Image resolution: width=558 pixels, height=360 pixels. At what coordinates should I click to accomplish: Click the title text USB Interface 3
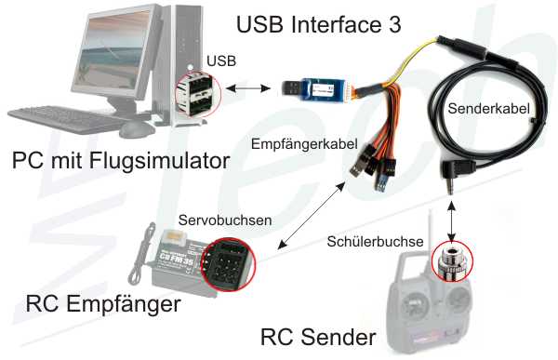pos(319,24)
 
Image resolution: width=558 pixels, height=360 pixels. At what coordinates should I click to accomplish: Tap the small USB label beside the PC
pos(221,60)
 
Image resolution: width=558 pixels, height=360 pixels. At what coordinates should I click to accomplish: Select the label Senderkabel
pos(488,109)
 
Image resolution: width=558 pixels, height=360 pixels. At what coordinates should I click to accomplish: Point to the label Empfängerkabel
pos(304,144)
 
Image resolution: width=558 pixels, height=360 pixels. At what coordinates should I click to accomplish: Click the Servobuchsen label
pos(225,220)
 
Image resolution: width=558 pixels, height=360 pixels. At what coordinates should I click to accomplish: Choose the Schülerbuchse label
pos(375,242)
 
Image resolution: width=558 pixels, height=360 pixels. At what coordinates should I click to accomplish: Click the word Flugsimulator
pos(159,161)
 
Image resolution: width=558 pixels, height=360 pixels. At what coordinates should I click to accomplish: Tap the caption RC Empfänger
pos(103,304)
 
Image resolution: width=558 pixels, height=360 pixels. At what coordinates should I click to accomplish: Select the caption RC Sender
pos(318,337)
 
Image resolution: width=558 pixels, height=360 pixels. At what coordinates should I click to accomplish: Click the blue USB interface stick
pos(314,89)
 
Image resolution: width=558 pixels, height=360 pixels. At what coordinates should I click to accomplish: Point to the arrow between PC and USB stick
pos(248,88)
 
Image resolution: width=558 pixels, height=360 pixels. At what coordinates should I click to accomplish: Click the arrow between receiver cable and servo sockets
pos(312,215)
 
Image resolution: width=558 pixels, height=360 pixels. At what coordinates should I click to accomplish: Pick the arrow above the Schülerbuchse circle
pos(451,220)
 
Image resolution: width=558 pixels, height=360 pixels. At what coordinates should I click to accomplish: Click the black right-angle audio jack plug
pos(457,175)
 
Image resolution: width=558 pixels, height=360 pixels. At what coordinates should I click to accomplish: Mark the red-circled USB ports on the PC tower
pos(198,95)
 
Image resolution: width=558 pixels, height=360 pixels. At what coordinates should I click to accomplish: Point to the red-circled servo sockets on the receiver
pos(229,264)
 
